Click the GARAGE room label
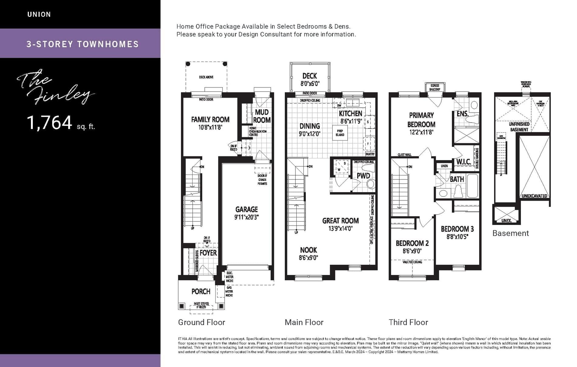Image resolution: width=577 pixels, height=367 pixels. pyautogui.click(x=246, y=209)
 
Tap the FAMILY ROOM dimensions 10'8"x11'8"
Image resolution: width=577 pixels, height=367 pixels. pyautogui.click(x=210, y=127)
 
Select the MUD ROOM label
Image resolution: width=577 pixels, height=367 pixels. pyautogui.click(x=262, y=116)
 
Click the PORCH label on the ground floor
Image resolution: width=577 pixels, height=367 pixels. pyautogui.click(x=201, y=291)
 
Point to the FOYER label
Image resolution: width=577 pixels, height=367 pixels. pyautogui.click(x=208, y=253)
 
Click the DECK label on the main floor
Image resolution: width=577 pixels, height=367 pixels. pyautogui.click(x=309, y=76)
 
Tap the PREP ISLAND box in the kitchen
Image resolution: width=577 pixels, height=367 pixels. pyautogui.click(x=340, y=133)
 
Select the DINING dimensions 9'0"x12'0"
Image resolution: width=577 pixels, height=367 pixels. pyautogui.click(x=309, y=134)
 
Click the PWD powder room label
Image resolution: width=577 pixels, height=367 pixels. pyautogui.click(x=363, y=176)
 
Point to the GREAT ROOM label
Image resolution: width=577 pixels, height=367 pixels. pyautogui.click(x=340, y=221)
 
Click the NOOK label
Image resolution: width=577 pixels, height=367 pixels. pyautogui.click(x=308, y=250)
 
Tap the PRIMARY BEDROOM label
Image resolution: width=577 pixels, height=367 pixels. pyautogui.click(x=421, y=120)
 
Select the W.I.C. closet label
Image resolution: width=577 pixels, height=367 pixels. pyautogui.click(x=463, y=162)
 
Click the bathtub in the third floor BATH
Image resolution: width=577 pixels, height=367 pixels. pyautogui.click(x=472, y=185)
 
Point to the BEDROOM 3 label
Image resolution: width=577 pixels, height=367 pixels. pyautogui.click(x=457, y=229)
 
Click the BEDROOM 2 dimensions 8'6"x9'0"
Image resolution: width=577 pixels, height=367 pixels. pyautogui.click(x=412, y=251)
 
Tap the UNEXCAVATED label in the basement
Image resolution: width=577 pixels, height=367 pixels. pyautogui.click(x=534, y=196)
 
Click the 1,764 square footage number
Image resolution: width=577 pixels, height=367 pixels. pyautogui.click(x=50, y=123)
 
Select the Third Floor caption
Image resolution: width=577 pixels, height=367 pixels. pyautogui.click(x=408, y=322)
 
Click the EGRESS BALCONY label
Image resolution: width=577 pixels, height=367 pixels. pyautogui.click(x=435, y=87)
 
